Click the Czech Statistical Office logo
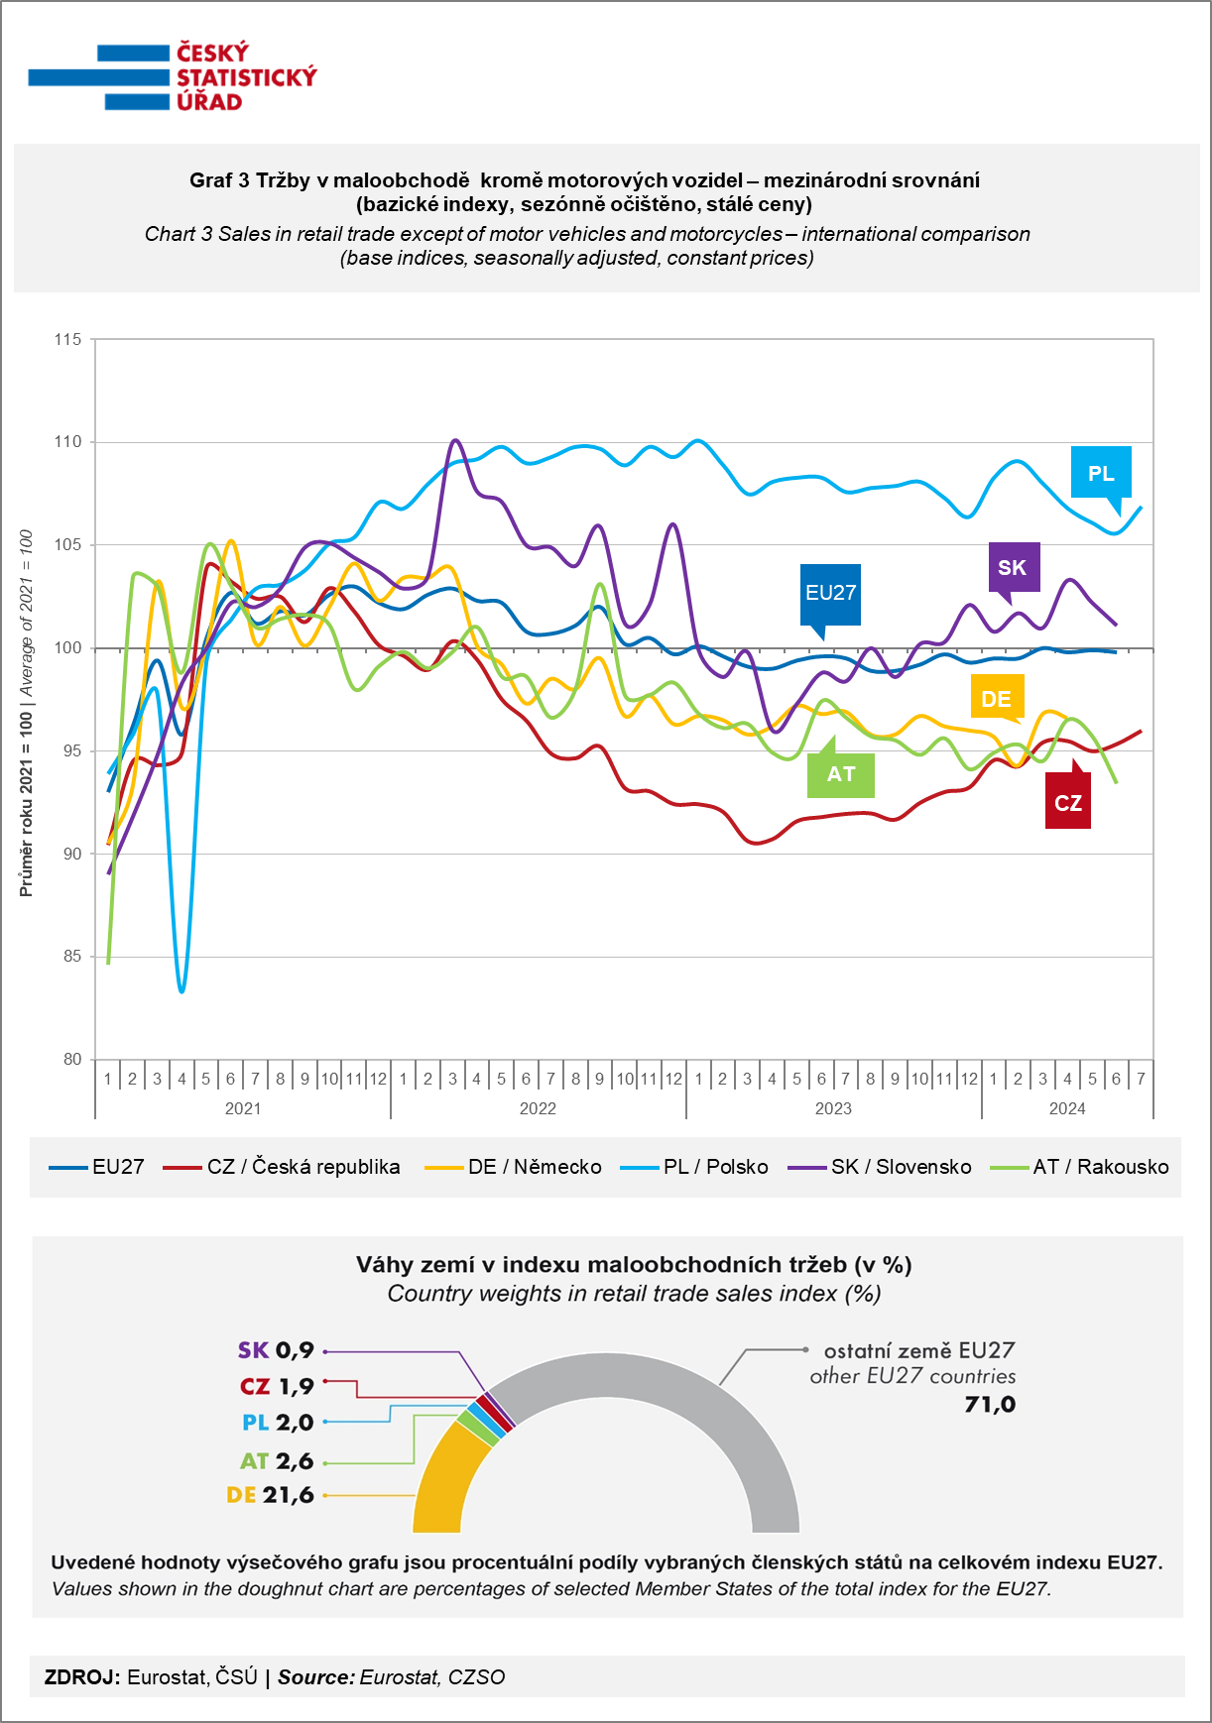tap(173, 77)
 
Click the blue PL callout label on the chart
tap(1101, 474)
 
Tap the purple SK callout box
tap(1014, 568)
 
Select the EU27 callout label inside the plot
tap(830, 594)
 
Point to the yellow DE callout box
tap(997, 699)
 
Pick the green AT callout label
tap(841, 773)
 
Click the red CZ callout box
tap(1068, 803)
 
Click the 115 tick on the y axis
tap(68, 339)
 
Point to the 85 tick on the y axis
tap(72, 957)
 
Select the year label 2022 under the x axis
tap(538, 1108)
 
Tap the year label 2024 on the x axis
tap(1067, 1108)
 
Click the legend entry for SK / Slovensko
tap(880, 1167)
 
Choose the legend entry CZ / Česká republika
tap(282, 1167)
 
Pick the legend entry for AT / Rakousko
tap(1080, 1167)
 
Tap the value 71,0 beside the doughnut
tap(990, 1404)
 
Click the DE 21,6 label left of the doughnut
tap(270, 1495)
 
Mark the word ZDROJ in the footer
tap(82, 1677)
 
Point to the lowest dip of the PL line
tap(182, 990)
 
